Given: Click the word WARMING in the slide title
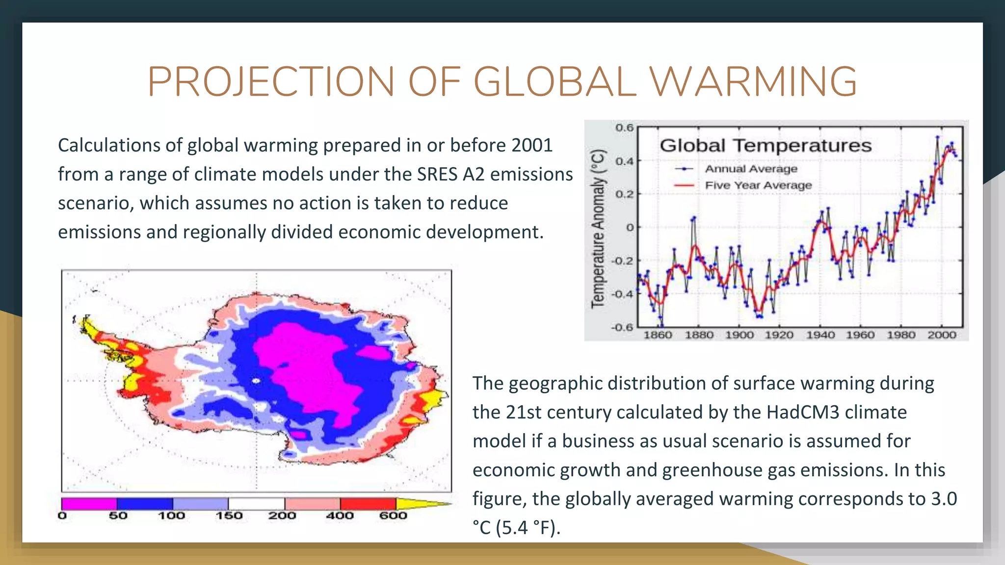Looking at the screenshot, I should (x=754, y=81).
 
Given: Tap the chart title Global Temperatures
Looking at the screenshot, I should (x=766, y=146).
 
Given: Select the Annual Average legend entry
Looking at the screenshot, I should (x=751, y=169).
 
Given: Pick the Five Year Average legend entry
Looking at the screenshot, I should (x=758, y=185).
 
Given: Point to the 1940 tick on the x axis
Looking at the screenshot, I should (x=820, y=335).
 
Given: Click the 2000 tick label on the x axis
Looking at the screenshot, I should (x=942, y=335).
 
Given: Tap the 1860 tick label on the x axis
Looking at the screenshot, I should (x=658, y=335).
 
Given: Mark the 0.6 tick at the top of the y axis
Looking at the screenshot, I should (x=624, y=128).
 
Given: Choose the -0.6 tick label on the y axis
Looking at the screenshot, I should (x=622, y=327).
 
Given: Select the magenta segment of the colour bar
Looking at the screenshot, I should (x=89, y=504).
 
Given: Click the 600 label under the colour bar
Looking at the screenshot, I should (x=393, y=516).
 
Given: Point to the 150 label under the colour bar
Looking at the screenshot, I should (x=229, y=516).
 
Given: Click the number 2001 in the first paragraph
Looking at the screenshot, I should (x=532, y=146).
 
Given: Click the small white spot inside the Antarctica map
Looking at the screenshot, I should (x=256, y=381).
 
